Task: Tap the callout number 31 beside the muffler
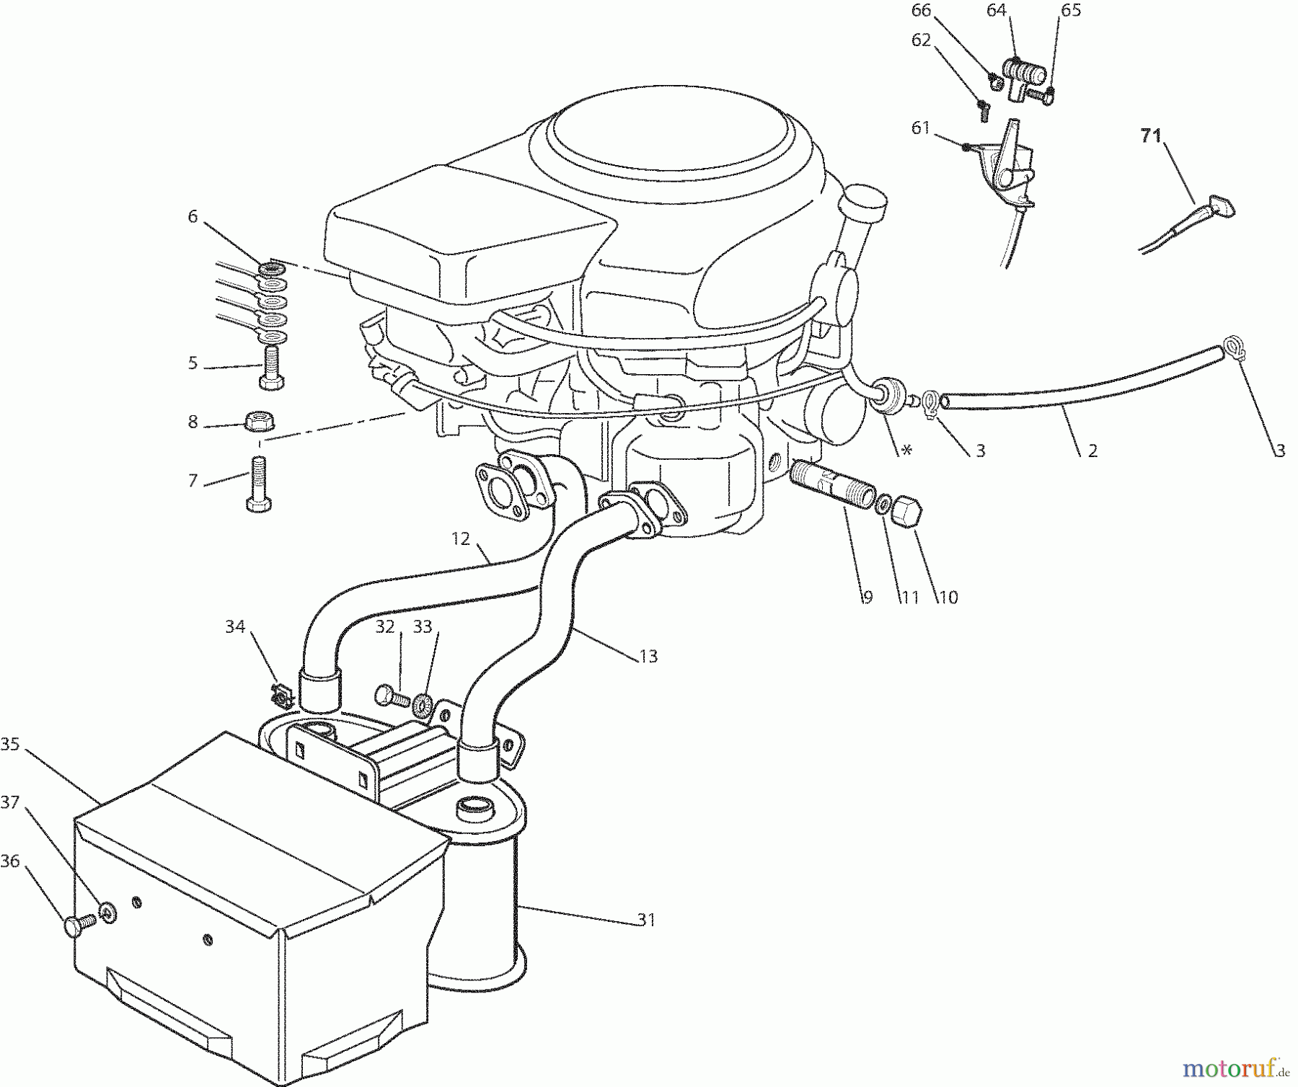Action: (646, 920)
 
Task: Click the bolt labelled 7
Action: (259, 484)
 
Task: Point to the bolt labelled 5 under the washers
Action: (271, 368)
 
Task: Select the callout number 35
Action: (10, 743)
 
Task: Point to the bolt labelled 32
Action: (389, 696)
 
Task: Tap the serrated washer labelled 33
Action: (422, 701)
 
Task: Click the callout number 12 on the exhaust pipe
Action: (461, 538)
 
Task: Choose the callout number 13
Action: (648, 656)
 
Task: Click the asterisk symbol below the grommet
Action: (906, 451)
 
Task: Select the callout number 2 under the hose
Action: (1092, 451)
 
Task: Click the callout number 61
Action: (921, 128)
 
